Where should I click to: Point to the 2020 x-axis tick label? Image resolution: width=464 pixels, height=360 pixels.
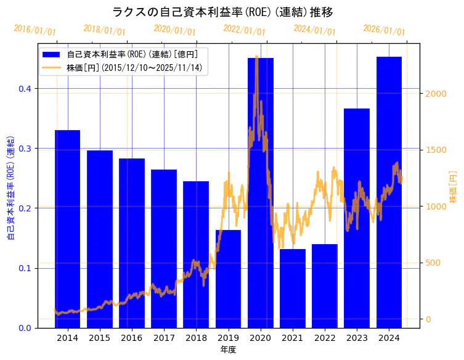260,338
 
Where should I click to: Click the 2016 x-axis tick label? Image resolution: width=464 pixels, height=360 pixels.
132,338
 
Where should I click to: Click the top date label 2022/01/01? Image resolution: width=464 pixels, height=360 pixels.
244,30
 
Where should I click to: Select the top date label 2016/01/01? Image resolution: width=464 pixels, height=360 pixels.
35,30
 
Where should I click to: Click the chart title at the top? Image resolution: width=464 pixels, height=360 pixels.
222,12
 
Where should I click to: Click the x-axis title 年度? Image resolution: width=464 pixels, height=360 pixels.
228,350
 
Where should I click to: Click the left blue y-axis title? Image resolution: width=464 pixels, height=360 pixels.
10,186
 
